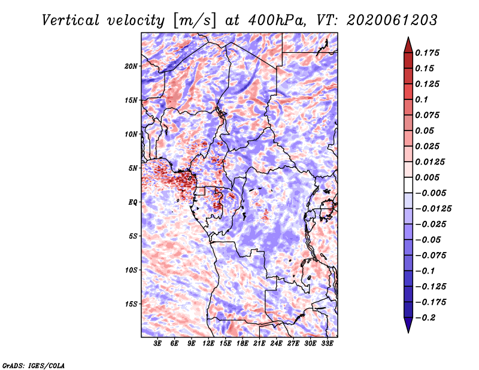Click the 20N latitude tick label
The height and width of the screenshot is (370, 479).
131,66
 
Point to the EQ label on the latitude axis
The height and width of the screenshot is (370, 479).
132,202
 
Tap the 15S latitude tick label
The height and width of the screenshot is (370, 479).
131,304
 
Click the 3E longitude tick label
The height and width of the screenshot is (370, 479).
158,344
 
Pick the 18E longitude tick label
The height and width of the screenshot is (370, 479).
242,344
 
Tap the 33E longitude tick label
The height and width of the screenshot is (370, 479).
327,344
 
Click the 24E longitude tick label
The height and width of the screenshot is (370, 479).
277,344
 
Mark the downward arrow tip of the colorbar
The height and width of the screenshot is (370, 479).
408,331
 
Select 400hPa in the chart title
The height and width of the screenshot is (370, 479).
269,20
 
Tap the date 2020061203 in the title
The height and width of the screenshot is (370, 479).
384,20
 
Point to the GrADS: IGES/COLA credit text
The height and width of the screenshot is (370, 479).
34,365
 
